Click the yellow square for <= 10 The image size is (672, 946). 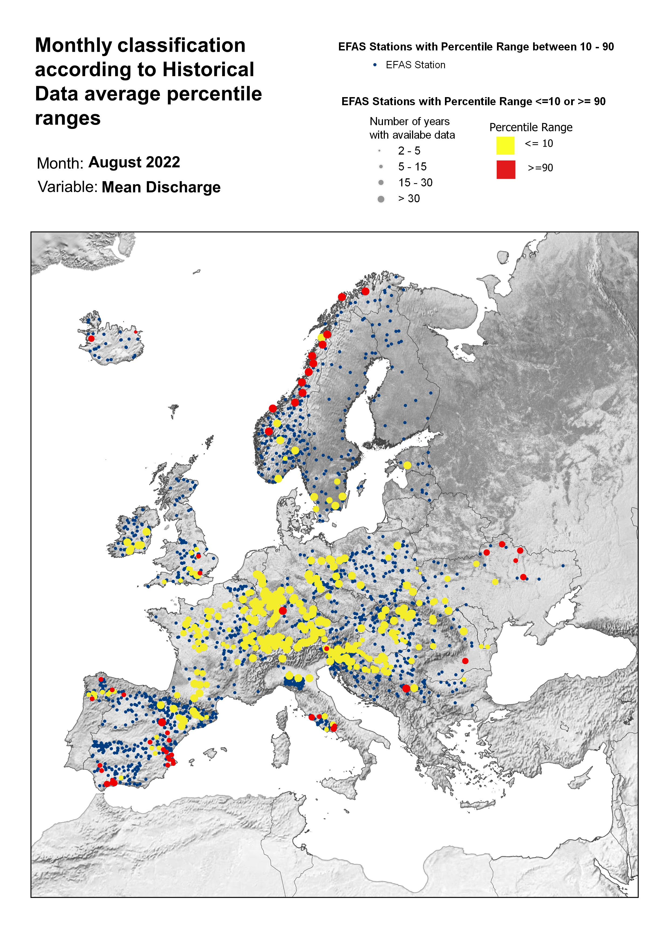(x=505, y=146)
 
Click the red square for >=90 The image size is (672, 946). (x=506, y=170)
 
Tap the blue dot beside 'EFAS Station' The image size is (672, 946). (x=375, y=65)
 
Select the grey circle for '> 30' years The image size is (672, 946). (x=381, y=199)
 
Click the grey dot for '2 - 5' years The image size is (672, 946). (x=379, y=151)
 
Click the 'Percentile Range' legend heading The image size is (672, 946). (x=531, y=128)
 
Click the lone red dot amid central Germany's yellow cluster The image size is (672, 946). (x=283, y=610)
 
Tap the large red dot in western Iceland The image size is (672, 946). (x=91, y=339)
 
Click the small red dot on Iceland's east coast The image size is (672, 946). (x=135, y=332)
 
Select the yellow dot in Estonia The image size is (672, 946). (x=407, y=465)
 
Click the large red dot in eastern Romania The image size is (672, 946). (x=465, y=661)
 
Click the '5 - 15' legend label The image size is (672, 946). (x=412, y=167)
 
